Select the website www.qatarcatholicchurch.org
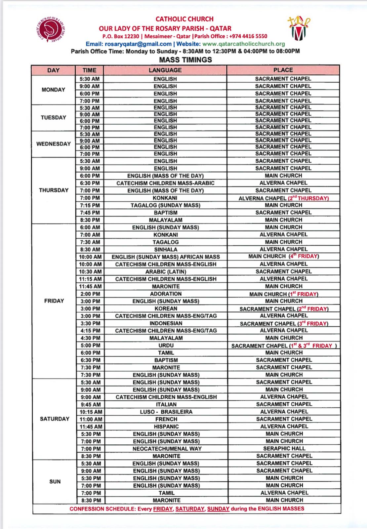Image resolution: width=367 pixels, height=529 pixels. (x=244, y=44)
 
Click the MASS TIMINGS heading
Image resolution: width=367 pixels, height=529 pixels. (x=185, y=60)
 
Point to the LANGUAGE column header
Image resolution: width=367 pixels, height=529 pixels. (x=165, y=70)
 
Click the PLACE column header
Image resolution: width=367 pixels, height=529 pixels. (x=283, y=70)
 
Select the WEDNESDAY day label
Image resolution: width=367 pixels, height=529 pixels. (x=54, y=144)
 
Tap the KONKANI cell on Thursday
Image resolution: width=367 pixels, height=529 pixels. (x=165, y=198)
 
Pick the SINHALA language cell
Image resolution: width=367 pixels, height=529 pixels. (x=166, y=249)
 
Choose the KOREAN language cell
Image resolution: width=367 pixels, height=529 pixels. (x=166, y=308)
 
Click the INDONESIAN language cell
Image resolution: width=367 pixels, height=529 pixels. (x=166, y=323)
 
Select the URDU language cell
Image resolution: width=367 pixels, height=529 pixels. (x=166, y=346)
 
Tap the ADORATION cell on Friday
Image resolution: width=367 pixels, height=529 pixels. (x=166, y=294)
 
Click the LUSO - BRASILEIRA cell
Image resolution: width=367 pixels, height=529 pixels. (x=166, y=412)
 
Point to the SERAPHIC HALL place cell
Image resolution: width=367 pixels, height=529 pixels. (x=284, y=449)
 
